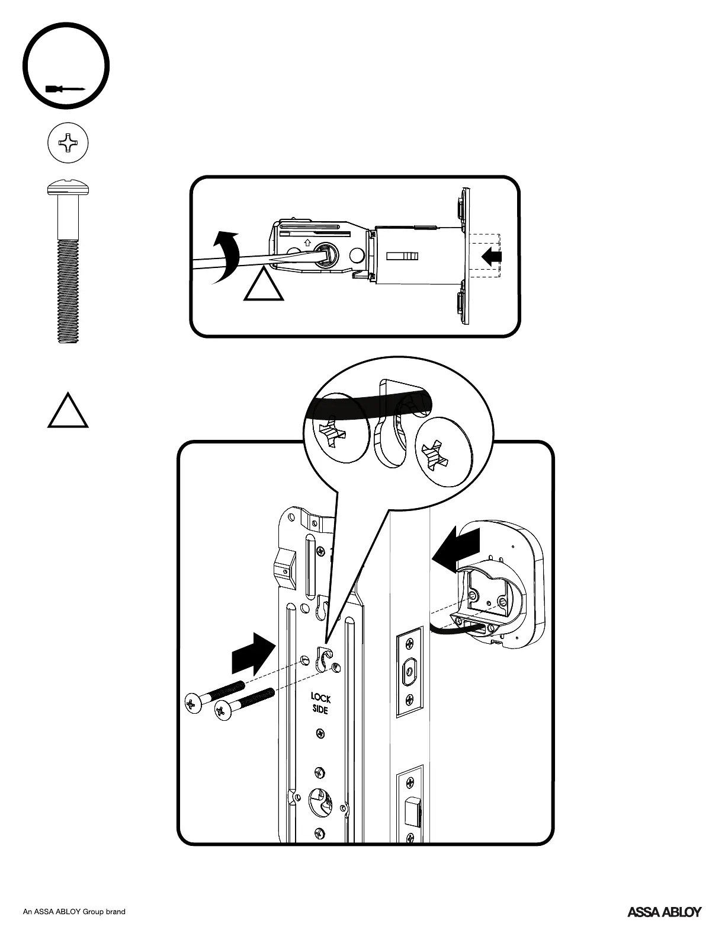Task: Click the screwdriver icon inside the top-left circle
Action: tap(65, 89)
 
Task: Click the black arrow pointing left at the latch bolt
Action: tap(492, 257)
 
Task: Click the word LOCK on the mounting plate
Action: tap(320, 698)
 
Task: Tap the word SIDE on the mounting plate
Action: tap(320, 710)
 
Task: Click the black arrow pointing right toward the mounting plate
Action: tap(252, 654)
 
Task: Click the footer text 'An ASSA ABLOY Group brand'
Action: tap(74, 912)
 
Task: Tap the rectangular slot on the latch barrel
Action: tap(403, 257)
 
